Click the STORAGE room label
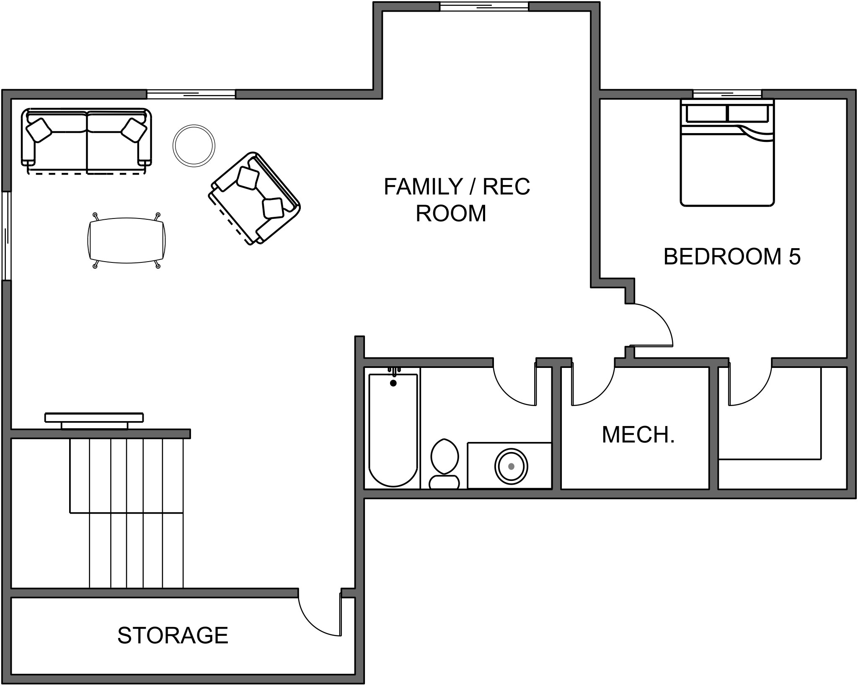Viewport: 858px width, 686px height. (x=173, y=635)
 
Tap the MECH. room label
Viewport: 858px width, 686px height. (x=638, y=435)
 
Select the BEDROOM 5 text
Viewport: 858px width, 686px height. (x=732, y=257)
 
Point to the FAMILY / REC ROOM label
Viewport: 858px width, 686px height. (x=457, y=200)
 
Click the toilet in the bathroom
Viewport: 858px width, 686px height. (x=445, y=463)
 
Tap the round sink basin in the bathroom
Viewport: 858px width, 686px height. (x=511, y=466)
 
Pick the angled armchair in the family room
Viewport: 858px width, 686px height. (x=254, y=198)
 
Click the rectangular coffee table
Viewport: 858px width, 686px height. (x=127, y=240)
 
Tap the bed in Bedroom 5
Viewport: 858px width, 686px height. (x=727, y=152)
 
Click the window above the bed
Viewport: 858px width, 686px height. (x=727, y=94)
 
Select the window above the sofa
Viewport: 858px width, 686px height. (x=191, y=94)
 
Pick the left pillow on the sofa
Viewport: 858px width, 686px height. (x=39, y=130)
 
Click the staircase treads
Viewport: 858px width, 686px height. (x=127, y=513)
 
